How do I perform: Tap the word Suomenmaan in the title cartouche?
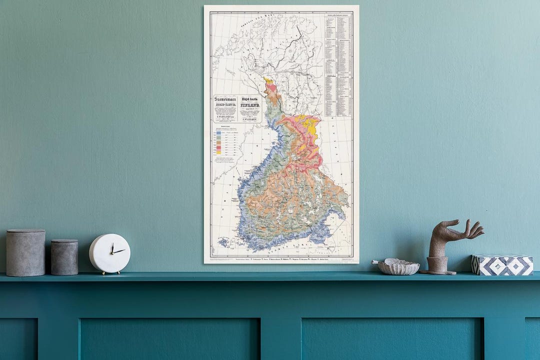[225, 99]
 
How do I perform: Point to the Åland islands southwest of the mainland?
[223, 242]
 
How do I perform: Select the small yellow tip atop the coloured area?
[268, 80]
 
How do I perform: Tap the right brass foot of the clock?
[118, 272]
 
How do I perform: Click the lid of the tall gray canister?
[25, 232]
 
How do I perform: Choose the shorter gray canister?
[64, 257]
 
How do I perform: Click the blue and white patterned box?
[502, 265]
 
